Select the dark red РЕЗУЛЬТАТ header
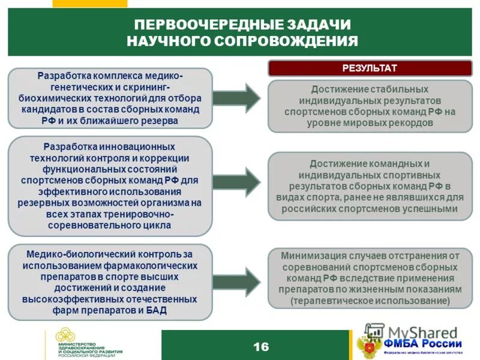[x=370, y=68]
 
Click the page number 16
[x=261, y=347]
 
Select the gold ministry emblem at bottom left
[x=64, y=340]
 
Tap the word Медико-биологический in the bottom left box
[x=71, y=254]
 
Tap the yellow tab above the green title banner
[x=89, y=3]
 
